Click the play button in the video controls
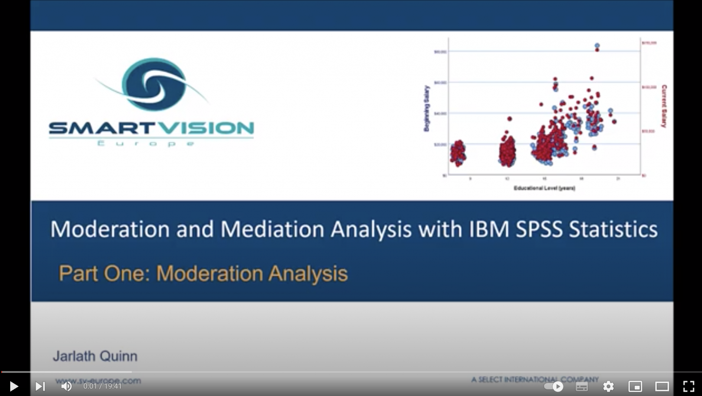point(14,386)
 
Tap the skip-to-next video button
point(40,386)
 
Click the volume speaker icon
point(66,386)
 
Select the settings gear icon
point(608,386)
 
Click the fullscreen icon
point(688,386)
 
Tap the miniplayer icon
point(635,386)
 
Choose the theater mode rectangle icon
point(662,386)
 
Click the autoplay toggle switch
point(554,386)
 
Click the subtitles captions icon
point(582,387)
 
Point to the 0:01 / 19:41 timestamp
point(102,386)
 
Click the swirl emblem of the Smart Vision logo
point(154,84)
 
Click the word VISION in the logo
point(208,128)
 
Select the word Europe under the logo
point(146,143)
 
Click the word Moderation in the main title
point(110,229)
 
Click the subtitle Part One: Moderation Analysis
point(203,273)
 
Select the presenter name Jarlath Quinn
point(95,356)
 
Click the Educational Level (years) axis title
point(544,188)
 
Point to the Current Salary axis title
point(664,106)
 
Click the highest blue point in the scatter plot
point(597,45)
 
